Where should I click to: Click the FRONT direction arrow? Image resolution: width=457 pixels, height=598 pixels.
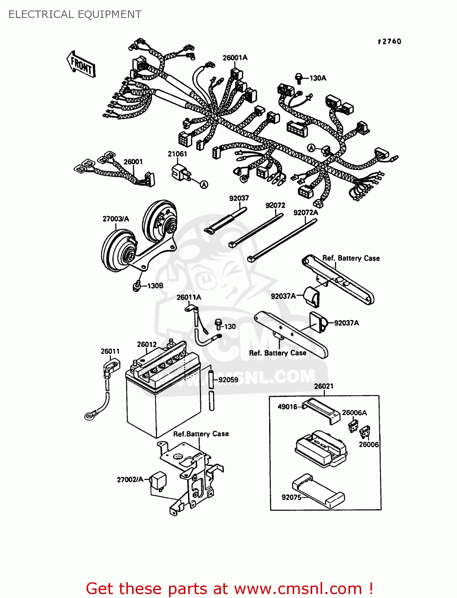[x=81, y=64]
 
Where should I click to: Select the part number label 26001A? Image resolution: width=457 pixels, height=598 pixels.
[x=235, y=58]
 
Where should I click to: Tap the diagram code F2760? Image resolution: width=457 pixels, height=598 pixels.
[x=389, y=41]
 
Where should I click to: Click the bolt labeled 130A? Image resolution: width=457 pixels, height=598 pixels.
[x=299, y=78]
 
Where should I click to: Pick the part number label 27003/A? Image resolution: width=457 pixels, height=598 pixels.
[x=116, y=219]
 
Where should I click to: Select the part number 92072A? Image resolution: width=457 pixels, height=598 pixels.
[x=305, y=213]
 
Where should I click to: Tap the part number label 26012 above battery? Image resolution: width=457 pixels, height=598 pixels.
[x=147, y=344]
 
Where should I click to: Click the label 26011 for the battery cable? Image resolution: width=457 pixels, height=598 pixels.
[x=110, y=351]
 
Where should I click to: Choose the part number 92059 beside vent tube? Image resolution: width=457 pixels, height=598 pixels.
[x=228, y=380]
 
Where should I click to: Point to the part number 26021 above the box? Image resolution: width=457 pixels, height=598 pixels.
[x=323, y=386]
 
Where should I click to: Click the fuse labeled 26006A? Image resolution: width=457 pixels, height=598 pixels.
[x=353, y=425]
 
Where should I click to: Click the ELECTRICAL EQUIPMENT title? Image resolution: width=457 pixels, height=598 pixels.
[x=75, y=14]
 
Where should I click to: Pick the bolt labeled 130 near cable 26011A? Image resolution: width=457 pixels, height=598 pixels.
[x=219, y=324]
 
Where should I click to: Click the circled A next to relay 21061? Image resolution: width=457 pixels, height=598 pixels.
[x=204, y=184]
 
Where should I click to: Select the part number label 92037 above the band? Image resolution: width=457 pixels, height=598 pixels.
[x=239, y=198]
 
